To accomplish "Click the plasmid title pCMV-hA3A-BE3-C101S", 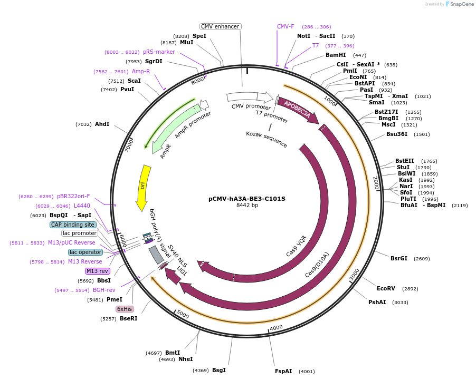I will (247, 199).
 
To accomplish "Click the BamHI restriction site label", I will (336, 55).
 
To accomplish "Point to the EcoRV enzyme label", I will (386, 288).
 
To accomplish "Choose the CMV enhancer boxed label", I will (221, 26).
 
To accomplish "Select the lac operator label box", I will (85, 252).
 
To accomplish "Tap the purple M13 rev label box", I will (98, 271).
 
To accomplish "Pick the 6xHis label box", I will (125, 309).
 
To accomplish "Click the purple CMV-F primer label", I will (285, 26).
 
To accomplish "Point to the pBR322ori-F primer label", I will (73, 196).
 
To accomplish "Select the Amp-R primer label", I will (141, 71).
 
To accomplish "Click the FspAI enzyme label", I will (283, 371).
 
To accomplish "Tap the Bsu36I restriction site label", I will (397, 134).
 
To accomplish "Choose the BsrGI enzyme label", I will (399, 258).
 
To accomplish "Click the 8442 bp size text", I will (247, 206).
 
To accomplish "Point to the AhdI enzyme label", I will (102, 124).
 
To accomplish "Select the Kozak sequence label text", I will (266, 139).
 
